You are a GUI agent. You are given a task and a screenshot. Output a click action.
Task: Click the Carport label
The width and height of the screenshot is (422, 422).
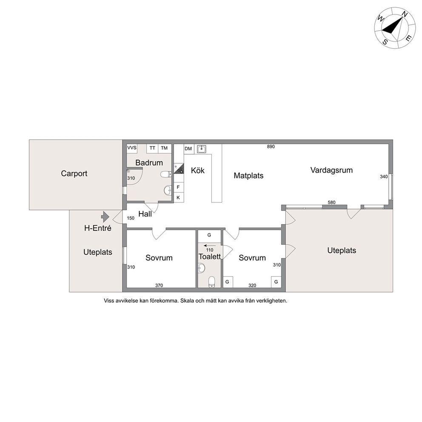point(74,173)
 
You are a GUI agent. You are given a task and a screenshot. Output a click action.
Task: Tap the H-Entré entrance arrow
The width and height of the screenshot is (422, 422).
point(105,217)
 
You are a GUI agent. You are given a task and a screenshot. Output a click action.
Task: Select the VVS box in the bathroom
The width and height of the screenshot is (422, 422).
point(132,148)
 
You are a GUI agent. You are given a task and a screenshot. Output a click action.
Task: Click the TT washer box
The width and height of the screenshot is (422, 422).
point(152,148)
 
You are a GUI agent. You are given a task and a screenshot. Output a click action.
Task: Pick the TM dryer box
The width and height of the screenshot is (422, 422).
point(165,148)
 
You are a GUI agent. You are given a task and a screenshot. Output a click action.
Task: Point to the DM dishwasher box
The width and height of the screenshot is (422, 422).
point(188,149)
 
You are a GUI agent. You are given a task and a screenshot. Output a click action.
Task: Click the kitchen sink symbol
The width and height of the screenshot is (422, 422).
point(202,149)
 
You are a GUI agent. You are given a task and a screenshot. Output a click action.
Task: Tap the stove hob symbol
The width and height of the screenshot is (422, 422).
point(179,168)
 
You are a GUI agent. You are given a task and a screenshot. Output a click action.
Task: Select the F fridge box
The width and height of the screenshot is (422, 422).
point(178,187)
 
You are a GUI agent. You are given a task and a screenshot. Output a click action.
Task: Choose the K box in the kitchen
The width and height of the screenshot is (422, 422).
point(178,197)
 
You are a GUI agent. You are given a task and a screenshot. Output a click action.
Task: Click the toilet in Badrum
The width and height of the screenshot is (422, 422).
point(166,174)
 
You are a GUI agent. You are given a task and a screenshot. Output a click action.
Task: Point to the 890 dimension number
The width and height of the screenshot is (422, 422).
point(271,147)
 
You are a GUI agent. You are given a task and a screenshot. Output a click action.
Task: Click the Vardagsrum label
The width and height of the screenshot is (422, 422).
point(331,170)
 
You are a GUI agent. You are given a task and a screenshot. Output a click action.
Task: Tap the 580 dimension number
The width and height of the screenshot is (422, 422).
point(331,202)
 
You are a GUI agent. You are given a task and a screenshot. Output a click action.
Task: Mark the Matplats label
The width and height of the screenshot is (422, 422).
point(249,175)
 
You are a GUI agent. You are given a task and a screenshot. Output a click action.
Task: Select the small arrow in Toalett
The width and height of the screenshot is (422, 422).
point(210,246)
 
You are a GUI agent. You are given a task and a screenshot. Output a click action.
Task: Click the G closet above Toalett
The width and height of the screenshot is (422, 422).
point(209,235)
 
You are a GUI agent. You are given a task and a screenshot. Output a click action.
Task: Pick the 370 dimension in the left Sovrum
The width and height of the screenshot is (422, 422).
point(159,285)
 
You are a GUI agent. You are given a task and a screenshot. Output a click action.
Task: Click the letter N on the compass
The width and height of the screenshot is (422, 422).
point(405,14)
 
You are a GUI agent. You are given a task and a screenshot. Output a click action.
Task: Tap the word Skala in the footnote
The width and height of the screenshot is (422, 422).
point(187,301)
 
